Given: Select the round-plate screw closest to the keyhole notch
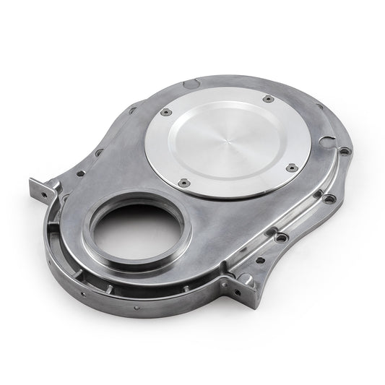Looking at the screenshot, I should [x=292, y=168].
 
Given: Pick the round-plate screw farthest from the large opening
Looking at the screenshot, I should [x=268, y=98].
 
